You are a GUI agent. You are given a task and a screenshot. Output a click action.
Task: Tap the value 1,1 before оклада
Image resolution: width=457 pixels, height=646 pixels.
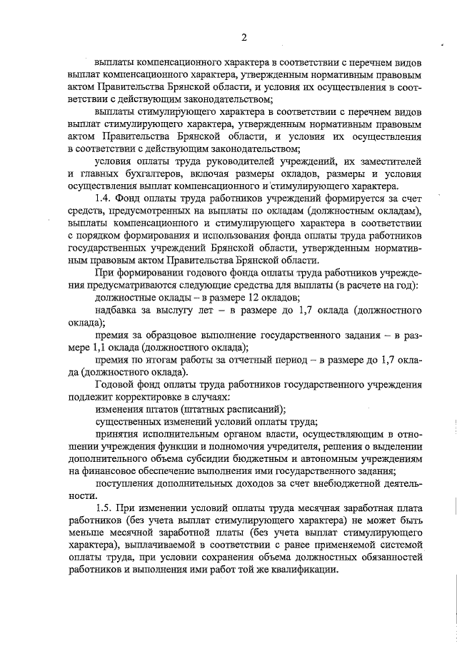pos(104,348)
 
